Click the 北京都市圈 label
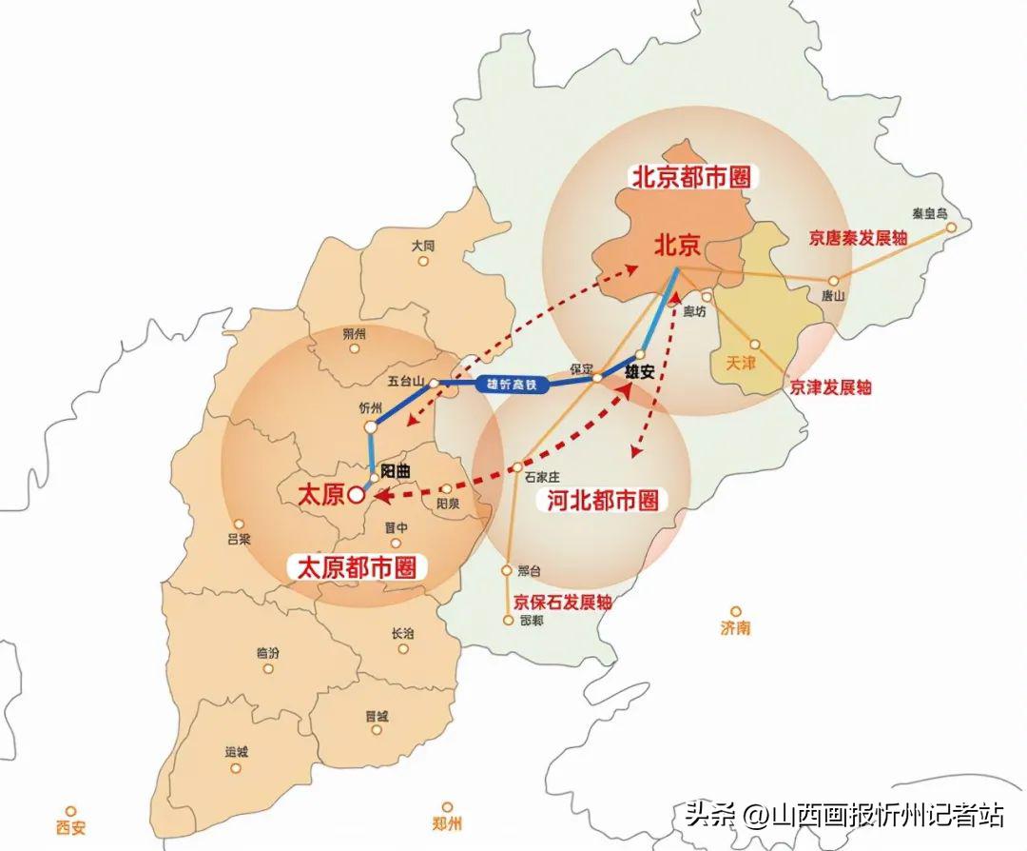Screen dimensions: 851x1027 [x=689, y=177]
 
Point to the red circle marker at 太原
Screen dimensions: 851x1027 [x=356, y=495]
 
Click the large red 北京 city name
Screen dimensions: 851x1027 [x=677, y=246]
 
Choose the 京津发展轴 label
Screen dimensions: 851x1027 [x=831, y=387]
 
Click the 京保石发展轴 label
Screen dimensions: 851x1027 [x=563, y=603]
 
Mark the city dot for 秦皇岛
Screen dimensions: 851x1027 [x=950, y=228]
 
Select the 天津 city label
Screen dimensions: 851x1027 [x=739, y=363]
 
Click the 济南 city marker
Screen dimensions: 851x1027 [x=735, y=611]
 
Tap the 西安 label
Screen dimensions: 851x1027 [x=70, y=827]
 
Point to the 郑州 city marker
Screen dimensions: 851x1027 [x=447, y=807]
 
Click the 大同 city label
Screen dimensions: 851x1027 [x=423, y=246]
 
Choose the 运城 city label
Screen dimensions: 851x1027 [x=237, y=752]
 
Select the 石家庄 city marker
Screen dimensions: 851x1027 [x=517, y=467]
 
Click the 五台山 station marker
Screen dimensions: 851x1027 [x=434, y=383]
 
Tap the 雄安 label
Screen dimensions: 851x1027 [x=640, y=372]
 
